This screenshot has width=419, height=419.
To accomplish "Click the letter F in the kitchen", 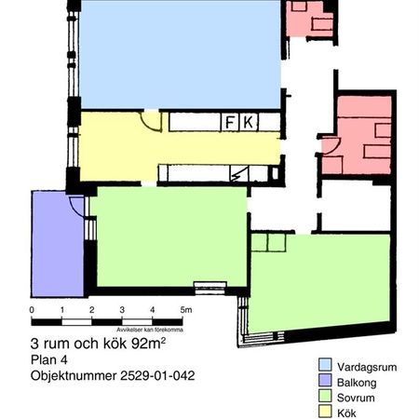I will point(229,122).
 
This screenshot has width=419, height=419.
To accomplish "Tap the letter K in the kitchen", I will point(248,122).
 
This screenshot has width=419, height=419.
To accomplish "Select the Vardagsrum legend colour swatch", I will point(325,365).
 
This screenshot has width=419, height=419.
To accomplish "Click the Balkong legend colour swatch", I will point(325,381).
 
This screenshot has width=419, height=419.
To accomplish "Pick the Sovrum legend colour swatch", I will point(325,396).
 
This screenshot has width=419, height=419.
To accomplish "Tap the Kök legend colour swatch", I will point(325,411).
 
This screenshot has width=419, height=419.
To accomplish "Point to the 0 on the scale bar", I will point(32,310).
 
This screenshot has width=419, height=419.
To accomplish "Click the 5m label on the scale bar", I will point(185,310).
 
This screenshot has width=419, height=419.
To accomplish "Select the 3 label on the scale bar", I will point(123,310).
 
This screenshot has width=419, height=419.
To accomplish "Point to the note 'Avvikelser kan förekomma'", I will point(149,330).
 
